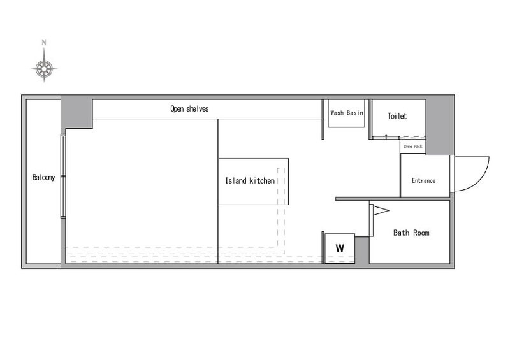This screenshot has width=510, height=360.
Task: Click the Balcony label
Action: pos(43,177)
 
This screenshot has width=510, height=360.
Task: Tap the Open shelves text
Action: pos(189,108)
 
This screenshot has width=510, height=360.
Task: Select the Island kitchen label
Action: pos(250,180)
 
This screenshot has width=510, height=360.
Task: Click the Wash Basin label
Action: pos(347,113)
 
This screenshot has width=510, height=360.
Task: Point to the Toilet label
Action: pos(397,116)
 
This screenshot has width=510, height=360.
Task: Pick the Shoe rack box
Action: pos(412,147)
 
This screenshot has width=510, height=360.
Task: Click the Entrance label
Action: pos(423,180)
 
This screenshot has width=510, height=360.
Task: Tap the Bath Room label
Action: pos(411,233)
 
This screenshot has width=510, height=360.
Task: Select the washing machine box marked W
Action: pos(340,248)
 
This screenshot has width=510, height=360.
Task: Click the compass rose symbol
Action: pos(44,68)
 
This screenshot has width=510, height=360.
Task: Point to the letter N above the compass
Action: pos(44,42)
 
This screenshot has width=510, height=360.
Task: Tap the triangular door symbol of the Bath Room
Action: pos(381,210)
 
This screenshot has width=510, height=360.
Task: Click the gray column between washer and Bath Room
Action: pos(362,250)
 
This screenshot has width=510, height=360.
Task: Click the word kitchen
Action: pos(262,180)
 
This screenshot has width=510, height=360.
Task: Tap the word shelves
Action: pos(198,108)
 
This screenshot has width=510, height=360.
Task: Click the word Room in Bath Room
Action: pos(421,233)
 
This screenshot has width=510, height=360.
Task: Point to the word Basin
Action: pos(355,113)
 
